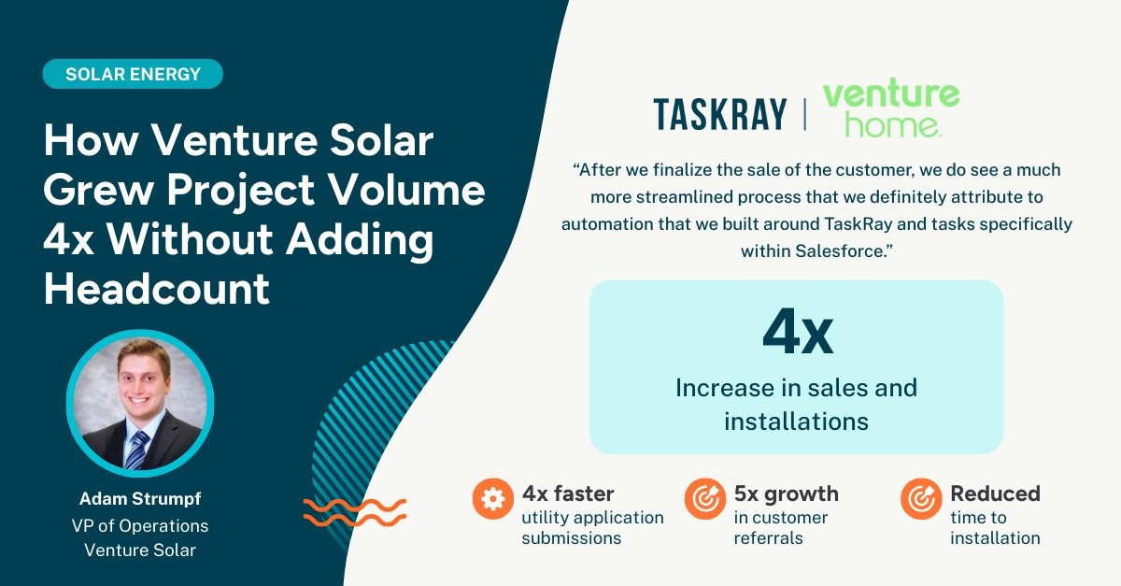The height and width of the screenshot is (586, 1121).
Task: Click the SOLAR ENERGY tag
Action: (x=133, y=74)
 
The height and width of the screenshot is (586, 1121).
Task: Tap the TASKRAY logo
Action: (x=720, y=114)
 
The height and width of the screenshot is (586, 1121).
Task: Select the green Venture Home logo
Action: (x=890, y=109)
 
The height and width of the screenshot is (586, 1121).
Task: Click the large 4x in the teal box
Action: (x=797, y=332)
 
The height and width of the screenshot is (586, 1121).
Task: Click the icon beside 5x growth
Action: (x=702, y=500)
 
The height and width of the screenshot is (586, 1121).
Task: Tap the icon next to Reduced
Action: (x=920, y=500)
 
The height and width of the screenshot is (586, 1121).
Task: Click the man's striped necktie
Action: (x=137, y=450)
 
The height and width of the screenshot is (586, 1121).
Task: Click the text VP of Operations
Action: (x=140, y=525)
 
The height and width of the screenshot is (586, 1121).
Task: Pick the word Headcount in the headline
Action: (x=157, y=289)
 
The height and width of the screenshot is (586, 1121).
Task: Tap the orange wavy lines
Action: (x=355, y=512)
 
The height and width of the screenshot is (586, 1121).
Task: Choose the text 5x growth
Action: (x=787, y=493)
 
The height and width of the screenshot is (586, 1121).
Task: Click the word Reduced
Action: (x=995, y=493)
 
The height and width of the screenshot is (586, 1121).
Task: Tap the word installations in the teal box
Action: (x=796, y=421)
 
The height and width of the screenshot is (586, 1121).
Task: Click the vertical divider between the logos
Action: (x=804, y=114)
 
